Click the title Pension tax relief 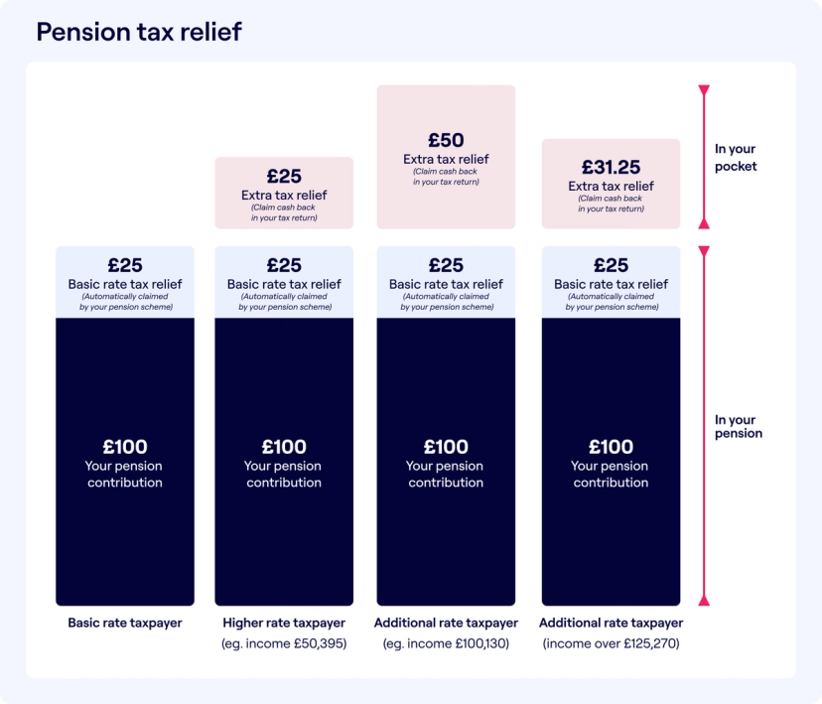click(x=139, y=32)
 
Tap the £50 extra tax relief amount click(x=446, y=140)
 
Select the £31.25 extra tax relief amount click(x=611, y=167)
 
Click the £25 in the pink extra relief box click(x=284, y=176)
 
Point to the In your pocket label click(x=736, y=158)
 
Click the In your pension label click(x=739, y=427)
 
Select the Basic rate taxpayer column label click(x=125, y=624)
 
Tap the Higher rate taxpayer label click(x=284, y=624)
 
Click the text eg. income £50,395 click(x=284, y=644)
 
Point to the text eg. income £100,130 click(x=446, y=644)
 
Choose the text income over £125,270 click(x=611, y=644)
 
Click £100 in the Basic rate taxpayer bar click(x=125, y=447)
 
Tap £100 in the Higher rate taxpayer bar click(x=284, y=447)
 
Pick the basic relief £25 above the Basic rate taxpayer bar click(x=125, y=265)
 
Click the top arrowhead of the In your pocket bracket click(x=704, y=91)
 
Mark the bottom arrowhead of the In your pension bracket click(x=704, y=600)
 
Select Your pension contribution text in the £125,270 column click(x=611, y=475)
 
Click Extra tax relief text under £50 click(x=446, y=159)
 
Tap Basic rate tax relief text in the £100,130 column click(x=446, y=284)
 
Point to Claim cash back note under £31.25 click(x=611, y=204)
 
